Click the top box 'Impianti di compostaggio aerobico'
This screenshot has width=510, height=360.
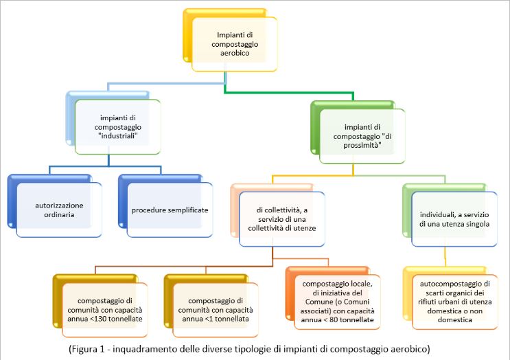(233, 43)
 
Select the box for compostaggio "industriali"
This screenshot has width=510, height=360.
(117, 126)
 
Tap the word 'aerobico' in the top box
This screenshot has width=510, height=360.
(233, 52)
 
